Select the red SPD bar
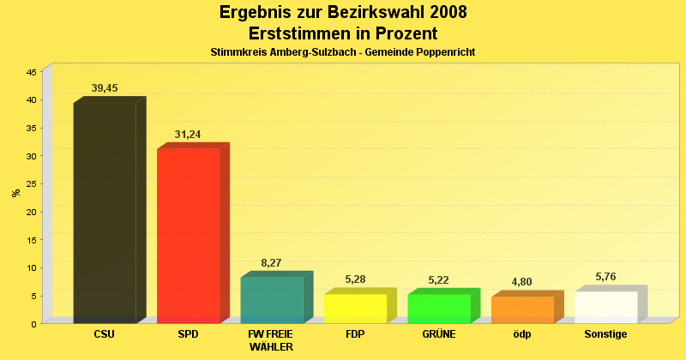point(188,236)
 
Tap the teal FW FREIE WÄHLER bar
point(272,300)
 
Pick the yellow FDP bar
point(355,309)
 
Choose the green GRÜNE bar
point(439,309)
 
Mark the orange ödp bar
point(522,309)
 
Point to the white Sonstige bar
point(606,307)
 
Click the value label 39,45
point(105,88)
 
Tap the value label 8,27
point(271,263)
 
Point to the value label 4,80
point(521,282)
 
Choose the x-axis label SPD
point(188,334)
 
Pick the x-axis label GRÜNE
point(438,334)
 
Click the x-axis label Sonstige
point(605,334)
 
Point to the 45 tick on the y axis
point(31,73)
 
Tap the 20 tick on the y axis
point(31,212)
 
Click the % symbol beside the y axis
point(16,193)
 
